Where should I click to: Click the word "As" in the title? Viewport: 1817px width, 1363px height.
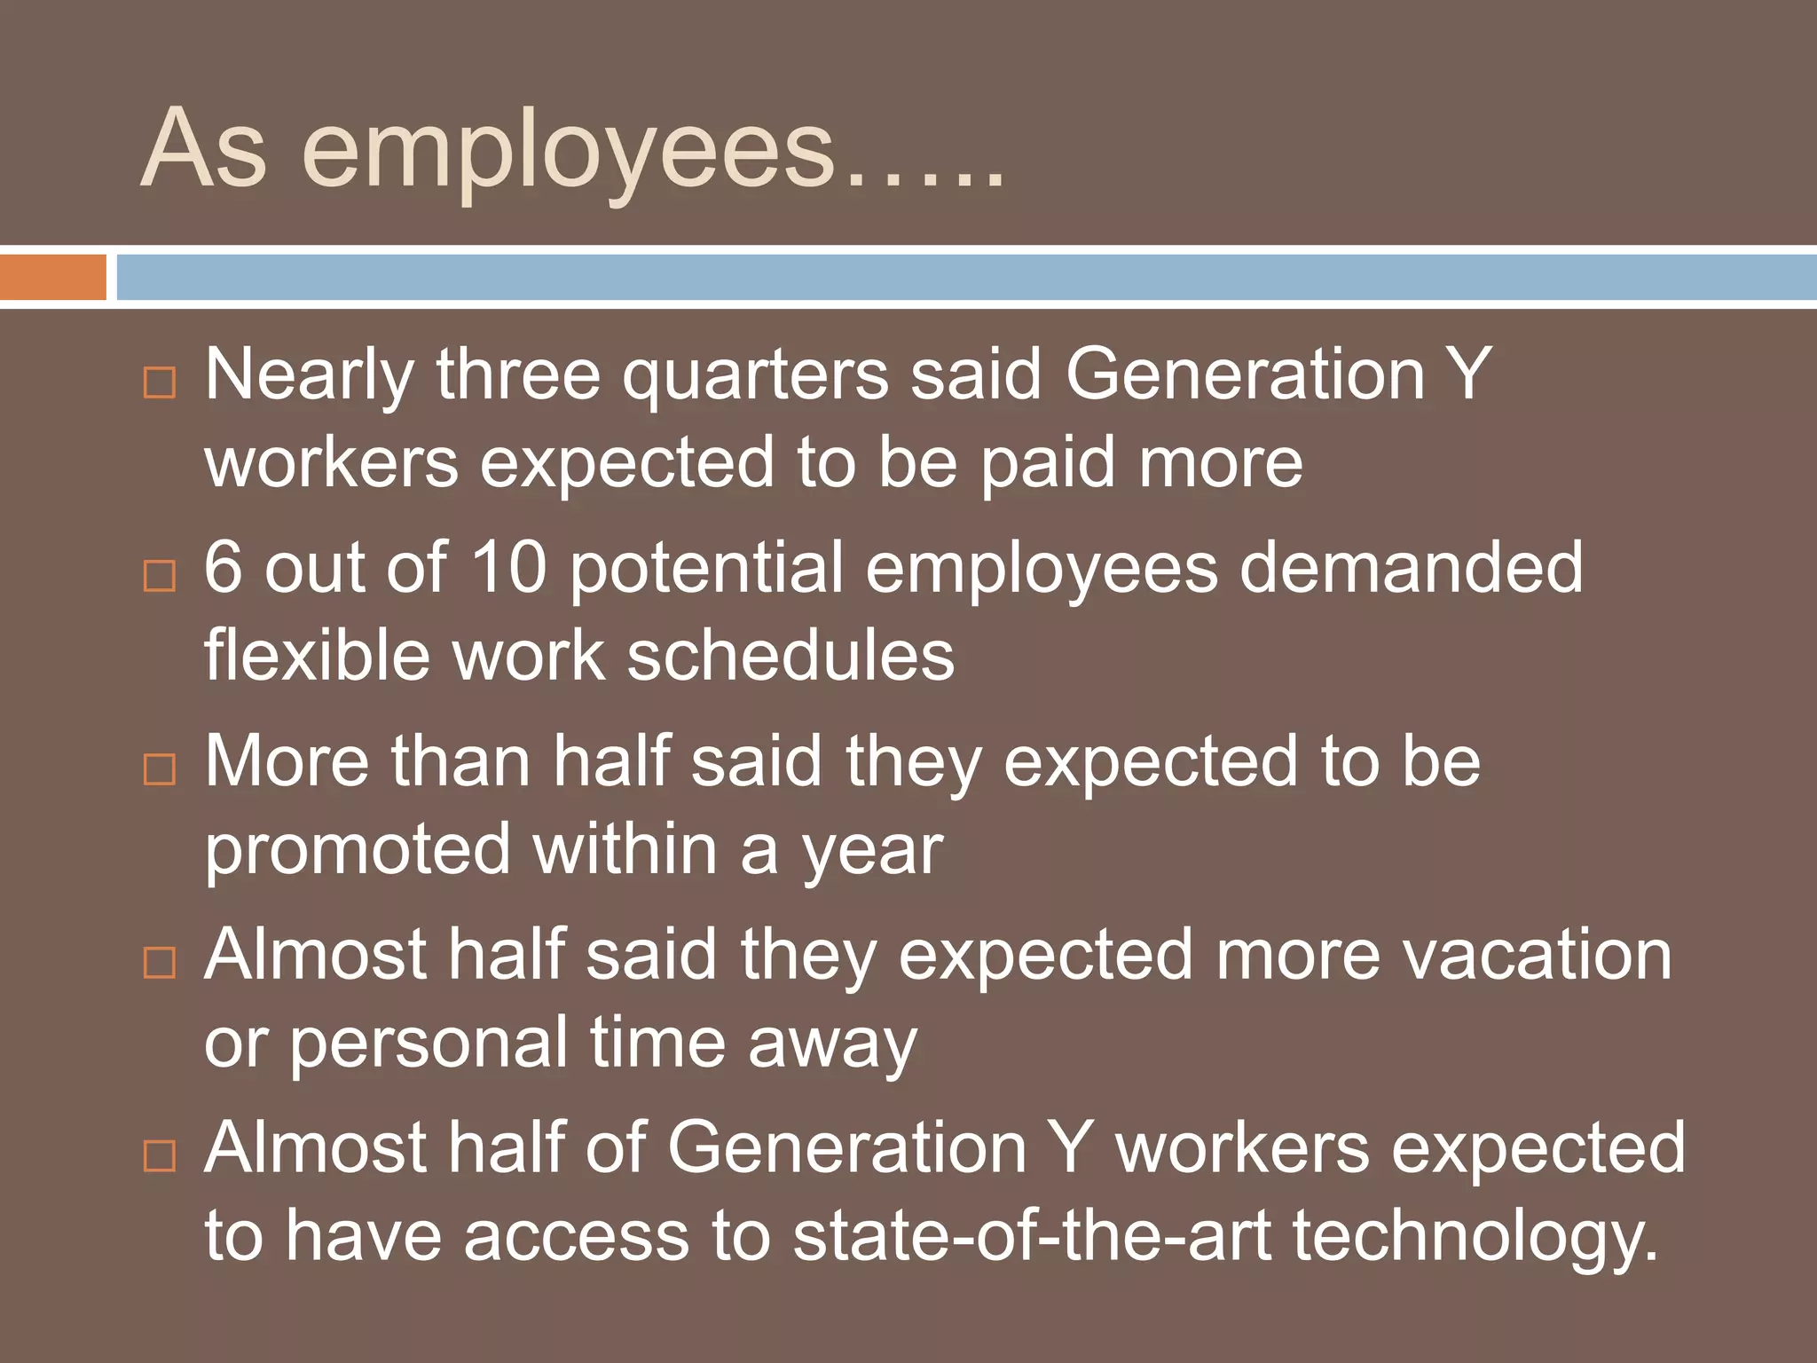coord(204,149)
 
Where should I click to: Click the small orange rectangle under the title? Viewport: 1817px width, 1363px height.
coord(52,277)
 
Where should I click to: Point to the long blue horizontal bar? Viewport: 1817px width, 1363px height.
coord(966,277)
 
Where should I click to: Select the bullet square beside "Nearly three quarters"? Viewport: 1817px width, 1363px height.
coord(160,382)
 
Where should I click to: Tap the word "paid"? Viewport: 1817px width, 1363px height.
coord(1048,464)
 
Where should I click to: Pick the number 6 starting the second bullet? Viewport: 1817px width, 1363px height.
coord(223,568)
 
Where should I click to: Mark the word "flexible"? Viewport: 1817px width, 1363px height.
coord(317,657)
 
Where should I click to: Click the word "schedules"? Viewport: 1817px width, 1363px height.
coord(791,657)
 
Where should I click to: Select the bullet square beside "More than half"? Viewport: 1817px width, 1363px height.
coord(160,768)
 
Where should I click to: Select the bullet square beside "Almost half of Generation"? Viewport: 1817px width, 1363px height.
coord(160,1155)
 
